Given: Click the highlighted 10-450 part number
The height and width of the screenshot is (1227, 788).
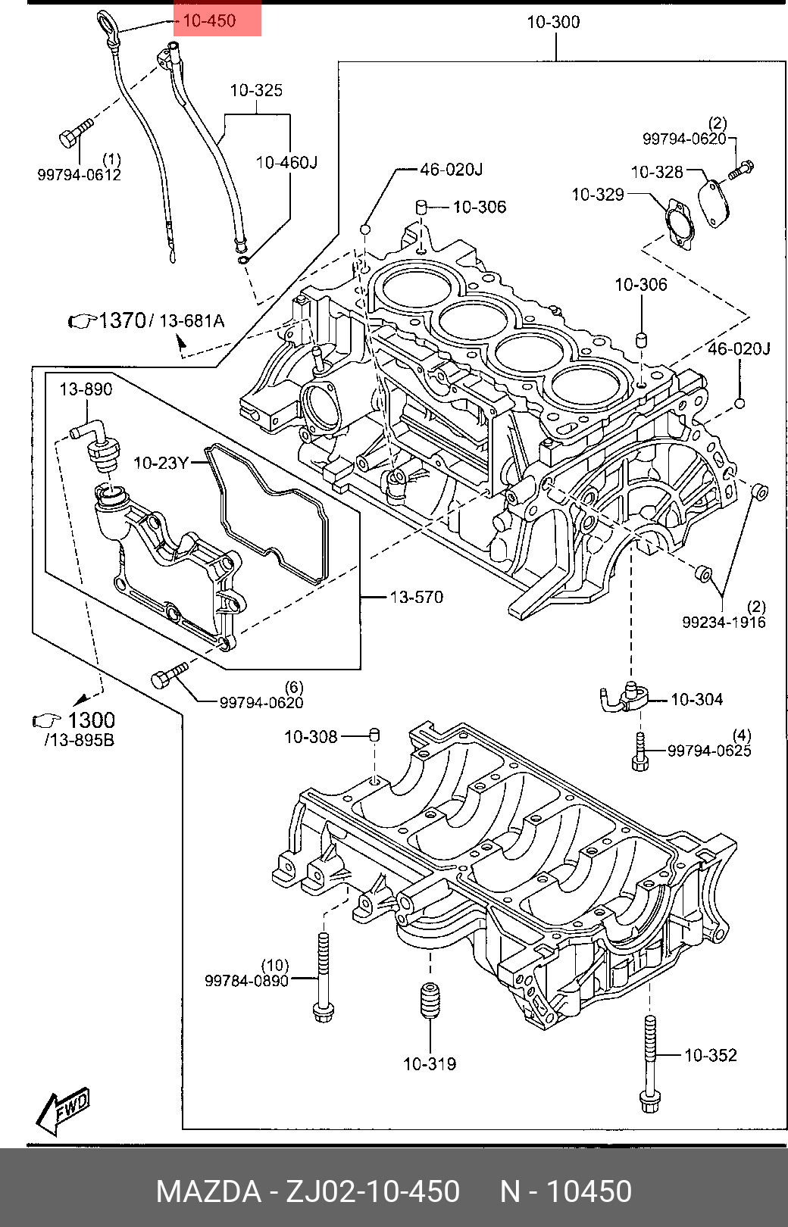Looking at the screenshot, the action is coord(209,20).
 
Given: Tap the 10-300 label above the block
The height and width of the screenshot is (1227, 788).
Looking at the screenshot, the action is coord(553,22).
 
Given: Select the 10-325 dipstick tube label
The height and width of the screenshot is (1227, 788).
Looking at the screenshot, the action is coord(256,90).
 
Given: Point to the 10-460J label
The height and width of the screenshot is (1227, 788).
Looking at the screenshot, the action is coord(286,163).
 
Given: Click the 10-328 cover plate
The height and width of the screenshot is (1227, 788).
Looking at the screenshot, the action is coord(715,203).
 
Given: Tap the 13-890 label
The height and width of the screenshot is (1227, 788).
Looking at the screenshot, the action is coord(86,389).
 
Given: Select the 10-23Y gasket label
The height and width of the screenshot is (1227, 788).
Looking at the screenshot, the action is coord(161,464).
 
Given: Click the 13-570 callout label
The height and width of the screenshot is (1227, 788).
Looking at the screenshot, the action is coord(417,597).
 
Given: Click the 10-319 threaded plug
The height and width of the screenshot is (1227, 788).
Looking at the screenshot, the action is coord(430,1001).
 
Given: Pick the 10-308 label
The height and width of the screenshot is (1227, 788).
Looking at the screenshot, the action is coord(311,737).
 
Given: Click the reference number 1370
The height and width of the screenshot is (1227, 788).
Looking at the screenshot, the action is coord(122,320).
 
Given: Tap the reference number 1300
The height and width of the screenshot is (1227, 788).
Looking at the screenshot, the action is coord(91,720).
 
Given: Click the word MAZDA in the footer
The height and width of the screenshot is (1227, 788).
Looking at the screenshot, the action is coord(209,1191).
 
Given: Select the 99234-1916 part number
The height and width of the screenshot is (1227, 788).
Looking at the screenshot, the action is coord(724,622).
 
